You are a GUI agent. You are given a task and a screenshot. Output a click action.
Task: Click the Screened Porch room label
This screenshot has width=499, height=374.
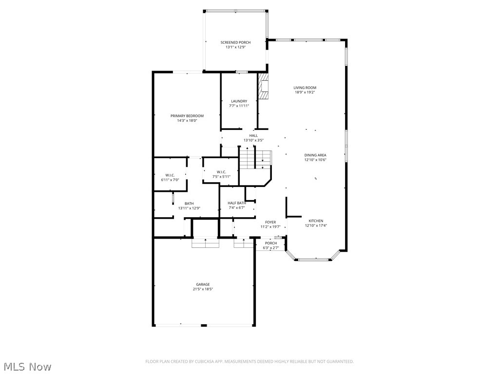click(235, 42)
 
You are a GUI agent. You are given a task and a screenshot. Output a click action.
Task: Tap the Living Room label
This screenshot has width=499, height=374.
click(305, 88)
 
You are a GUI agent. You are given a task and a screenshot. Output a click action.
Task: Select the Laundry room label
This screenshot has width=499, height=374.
click(239, 101)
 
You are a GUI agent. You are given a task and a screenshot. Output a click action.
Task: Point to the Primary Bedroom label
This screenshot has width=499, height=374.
click(187, 116)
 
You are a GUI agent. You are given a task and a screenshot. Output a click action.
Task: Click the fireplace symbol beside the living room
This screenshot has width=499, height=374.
click(263, 87)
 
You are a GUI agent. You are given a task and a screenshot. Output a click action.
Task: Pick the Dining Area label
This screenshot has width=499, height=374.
click(315, 155)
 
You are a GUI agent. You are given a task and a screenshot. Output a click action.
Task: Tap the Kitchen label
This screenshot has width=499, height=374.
click(316, 221)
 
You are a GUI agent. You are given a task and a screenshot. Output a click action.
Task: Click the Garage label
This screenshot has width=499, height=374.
click(203, 284)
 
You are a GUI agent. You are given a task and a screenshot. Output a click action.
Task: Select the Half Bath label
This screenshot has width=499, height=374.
click(236, 203)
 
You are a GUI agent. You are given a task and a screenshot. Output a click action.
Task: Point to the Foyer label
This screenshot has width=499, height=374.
click(270, 222)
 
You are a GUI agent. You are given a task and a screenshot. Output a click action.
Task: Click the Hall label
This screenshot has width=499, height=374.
click(253, 135)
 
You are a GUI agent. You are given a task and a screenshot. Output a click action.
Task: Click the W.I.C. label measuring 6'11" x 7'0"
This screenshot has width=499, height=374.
click(170, 175)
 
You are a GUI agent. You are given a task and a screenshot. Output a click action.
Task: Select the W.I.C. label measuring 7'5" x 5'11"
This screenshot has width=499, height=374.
click(221, 172)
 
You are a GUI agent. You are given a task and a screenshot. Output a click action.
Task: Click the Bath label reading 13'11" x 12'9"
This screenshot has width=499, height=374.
click(189, 204)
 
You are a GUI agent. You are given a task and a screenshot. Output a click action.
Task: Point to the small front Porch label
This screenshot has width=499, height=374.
click(271, 243)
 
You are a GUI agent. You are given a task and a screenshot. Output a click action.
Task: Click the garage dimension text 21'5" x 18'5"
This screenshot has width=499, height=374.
click(203, 289)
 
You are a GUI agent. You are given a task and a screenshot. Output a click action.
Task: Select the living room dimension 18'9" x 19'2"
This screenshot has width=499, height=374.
click(305, 93)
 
